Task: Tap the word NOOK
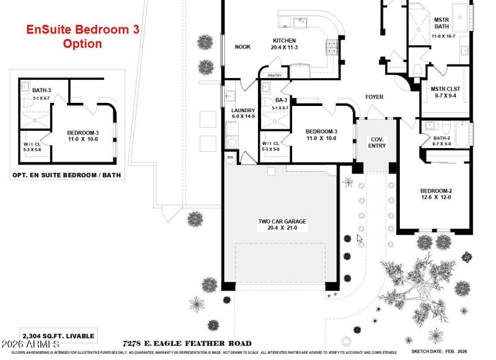(x=242, y=47)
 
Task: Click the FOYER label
(x=374, y=97)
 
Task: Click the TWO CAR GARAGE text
(x=283, y=221)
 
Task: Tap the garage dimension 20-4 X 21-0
(x=283, y=228)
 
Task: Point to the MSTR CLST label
(x=445, y=89)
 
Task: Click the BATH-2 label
(x=441, y=138)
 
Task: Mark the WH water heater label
(x=229, y=158)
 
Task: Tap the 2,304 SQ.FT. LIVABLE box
(x=58, y=336)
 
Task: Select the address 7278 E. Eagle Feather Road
(x=187, y=343)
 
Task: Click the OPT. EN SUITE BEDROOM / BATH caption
(x=67, y=175)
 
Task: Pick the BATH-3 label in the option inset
(x=42, y=91)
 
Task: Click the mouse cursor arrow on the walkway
(x=360, y=238)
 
